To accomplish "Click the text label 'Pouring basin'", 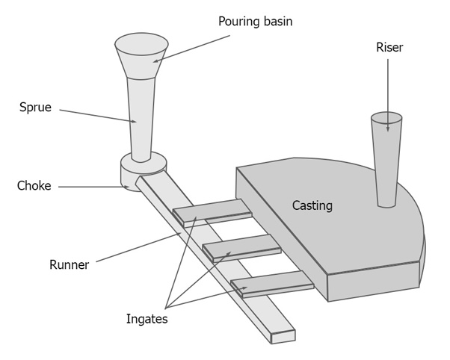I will point(255,21).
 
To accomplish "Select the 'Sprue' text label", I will point(35,107).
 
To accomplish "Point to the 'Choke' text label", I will point(34,186).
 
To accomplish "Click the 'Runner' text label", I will point(69,264).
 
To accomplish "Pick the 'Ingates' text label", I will point(147,319).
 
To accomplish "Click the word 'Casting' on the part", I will point(312,205).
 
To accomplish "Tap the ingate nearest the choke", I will point(213,212).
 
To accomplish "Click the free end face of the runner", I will point(283,336).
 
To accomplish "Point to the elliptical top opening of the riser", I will point(386,118).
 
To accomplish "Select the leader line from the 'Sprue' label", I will point(97,116).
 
